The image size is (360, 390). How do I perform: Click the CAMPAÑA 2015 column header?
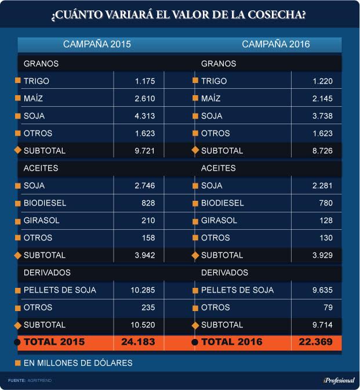[x=97, y=44]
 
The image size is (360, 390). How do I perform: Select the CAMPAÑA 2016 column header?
[x=276, y=44]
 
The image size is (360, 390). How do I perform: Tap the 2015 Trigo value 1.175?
[x=145, y=81]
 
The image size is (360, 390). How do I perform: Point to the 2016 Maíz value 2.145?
[x=322, y=99]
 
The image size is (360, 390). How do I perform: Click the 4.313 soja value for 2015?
[x=144, y=116]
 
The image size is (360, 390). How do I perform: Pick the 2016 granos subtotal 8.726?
[x=322, y=151]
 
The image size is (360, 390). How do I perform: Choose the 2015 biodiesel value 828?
[x=148, y=203]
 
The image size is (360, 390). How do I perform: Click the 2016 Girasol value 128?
[x=326, y=221]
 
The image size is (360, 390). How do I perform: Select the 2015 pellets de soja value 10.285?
[x=143, y=290]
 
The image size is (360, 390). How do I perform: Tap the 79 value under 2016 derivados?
[x=328, y=308]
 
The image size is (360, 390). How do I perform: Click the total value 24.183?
[x=138, y=342]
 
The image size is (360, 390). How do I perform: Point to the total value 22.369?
[x=315, y=342]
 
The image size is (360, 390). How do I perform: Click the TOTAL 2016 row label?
[x=232, y=342]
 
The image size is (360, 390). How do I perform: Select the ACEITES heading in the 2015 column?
[x=41, y=168]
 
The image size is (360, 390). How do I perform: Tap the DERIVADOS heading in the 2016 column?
[x=224, y=273]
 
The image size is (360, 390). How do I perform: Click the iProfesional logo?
[x=339, y=381]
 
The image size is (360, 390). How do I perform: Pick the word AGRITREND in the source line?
[x=39, y=381]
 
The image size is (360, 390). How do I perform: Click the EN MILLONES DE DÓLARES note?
[x=78, y=363]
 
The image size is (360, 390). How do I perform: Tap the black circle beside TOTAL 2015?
[x=17, y=342]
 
